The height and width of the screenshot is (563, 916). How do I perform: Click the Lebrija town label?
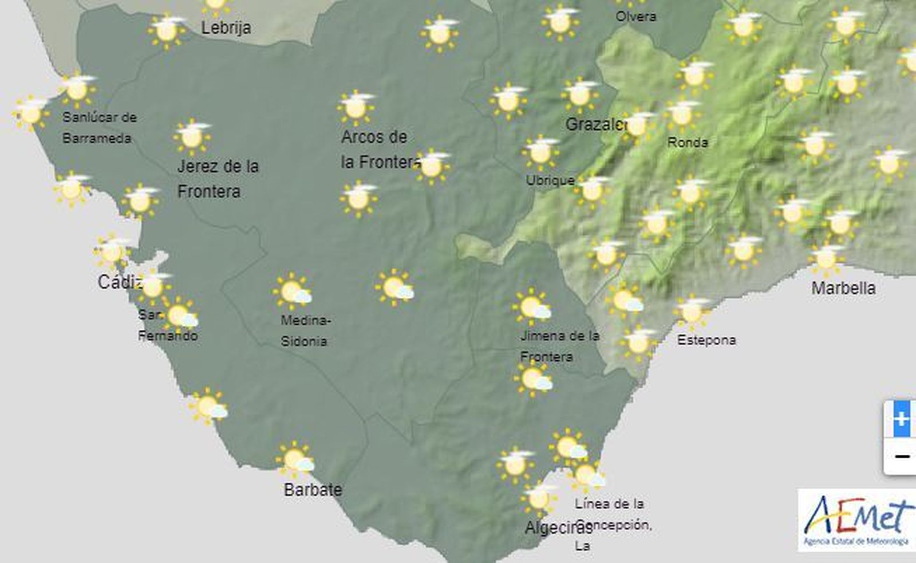tap(226, 27)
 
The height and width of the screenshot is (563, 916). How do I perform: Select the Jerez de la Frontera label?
tap(218, 179)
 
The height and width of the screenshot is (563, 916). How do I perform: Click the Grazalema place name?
tap(595, 124)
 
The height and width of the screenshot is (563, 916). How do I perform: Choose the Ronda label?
tap(688, 142)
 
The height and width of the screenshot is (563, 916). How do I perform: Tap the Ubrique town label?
tap(550, 180)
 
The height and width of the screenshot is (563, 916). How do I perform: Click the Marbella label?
tap(843, 288)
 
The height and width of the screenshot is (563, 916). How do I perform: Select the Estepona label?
tap(706, 340)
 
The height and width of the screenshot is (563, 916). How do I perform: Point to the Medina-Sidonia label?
tap(305, 330)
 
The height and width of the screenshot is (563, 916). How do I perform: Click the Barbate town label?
tap(313, 490)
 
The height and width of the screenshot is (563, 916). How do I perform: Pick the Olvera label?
tap(635, 17)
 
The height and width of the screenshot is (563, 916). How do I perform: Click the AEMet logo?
tap(856, 519)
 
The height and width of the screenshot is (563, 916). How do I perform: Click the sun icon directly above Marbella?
tap(826, 259)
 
